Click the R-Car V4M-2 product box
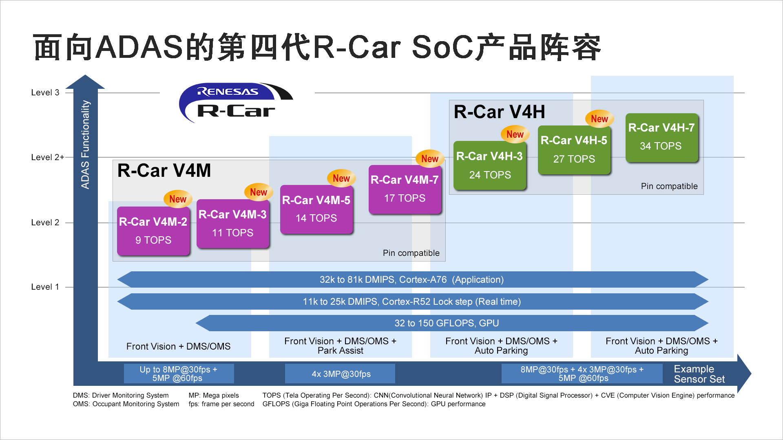(x=153, y=231)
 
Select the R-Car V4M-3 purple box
(x=233, y=224)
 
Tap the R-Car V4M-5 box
(x=316, y=209)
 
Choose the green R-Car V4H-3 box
(x=490, y=165)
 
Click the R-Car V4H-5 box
(x=574, y=150)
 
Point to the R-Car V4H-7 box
(x=661, y=137)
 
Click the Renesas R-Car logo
(x=236, y=103)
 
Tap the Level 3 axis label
(x=45, y=92)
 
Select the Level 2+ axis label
(x=48, y=157)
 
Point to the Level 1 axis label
(x=45, y=287)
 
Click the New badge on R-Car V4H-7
(x=599, y=119)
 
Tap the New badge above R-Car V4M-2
(x=178, y=199)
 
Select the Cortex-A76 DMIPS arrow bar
(x=412, y=279)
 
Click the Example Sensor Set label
(x=699, y=374)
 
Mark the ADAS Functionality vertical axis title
(x=85, y=145)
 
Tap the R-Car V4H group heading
(x=500, y=112)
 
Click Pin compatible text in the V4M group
(x=411, y=253)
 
